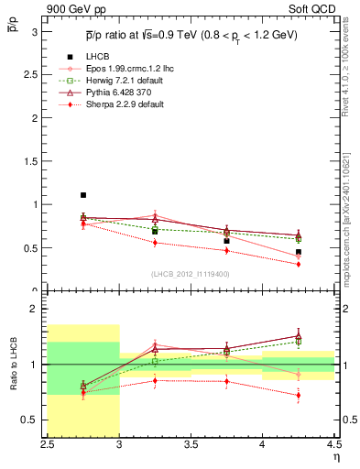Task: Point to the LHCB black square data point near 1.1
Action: [83, 195]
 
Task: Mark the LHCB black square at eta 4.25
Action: [298, 252]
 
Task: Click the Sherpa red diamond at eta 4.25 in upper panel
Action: [298, 264]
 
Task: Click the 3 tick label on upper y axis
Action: [36, 32]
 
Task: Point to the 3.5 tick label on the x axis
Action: [191, 444]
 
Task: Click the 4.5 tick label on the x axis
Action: [333, 444]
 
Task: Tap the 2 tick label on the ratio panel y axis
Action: [36, 309]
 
